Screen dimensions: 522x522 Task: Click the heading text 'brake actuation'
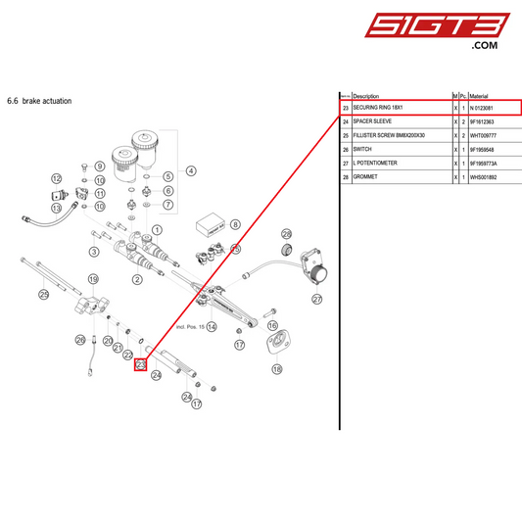[x=44, y=101]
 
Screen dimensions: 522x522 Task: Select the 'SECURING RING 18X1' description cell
[x=378, y=108]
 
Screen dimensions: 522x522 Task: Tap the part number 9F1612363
[x=487, y=121]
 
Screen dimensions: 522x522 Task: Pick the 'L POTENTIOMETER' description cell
[x=374, y=163]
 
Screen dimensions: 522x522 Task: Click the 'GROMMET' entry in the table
[x=366, y=176]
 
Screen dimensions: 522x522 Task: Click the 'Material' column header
[x=480, y=95]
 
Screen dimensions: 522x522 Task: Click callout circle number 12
[x=57, y=178]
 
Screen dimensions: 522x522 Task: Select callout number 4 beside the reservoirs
[x=191, y=170]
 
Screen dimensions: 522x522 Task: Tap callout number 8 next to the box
[x=236, y=224]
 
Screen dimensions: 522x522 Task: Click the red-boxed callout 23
[x=140, y=365]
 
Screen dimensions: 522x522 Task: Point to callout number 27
[x=316, y=299]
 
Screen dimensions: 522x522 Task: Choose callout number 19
[x=94, y=280]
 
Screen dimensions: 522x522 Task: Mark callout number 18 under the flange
[x=276, y=369]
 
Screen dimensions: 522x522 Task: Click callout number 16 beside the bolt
[x=272, y=323]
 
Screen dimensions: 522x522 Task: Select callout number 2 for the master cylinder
[x=137, y=279]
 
